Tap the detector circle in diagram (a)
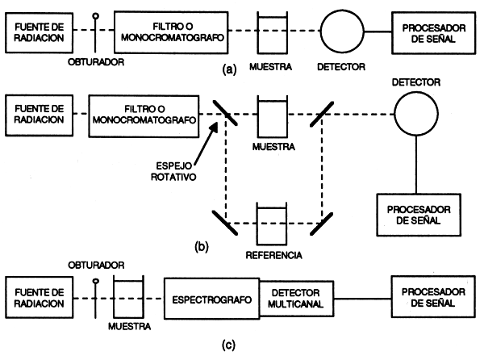coord(342,32)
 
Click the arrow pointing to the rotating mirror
coord(200,139)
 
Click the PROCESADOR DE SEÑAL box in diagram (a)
coord(429,32)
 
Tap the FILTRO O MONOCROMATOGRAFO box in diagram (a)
coord(176,32)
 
